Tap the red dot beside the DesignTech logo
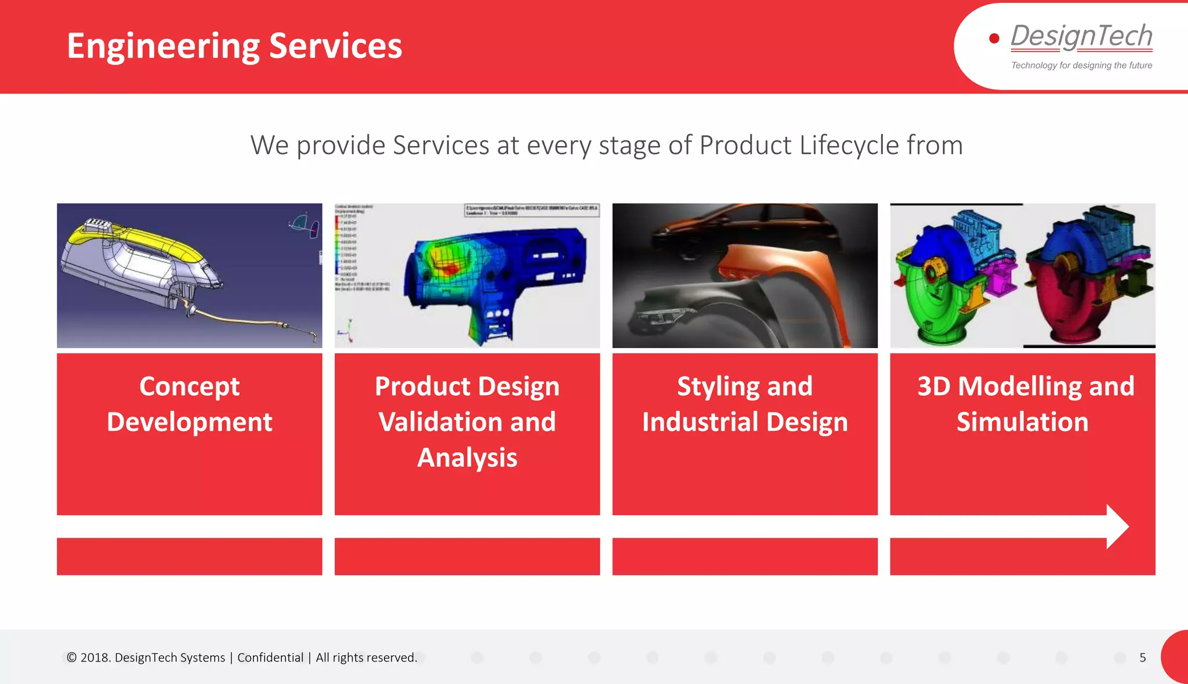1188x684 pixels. pyautogui.click(x=994, y=38)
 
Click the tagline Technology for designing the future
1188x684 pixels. pyautogui.click(x=1081, y=66)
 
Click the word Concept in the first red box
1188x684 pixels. pyautogui.click(x=189, y=387)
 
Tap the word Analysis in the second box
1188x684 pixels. pyautogui.click(x=467, y=458)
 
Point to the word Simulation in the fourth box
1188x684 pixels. pyautogui.click(x=1022, y=422)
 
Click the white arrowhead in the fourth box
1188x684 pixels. pyautogui.click(x=1117, y=527)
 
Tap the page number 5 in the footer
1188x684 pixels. pyautogui.click(x=1142, y=657)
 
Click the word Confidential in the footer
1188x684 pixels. pyautogui.click(x=270, y=657)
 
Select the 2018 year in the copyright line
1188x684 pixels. pyautogui.click(x=95, y=657)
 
